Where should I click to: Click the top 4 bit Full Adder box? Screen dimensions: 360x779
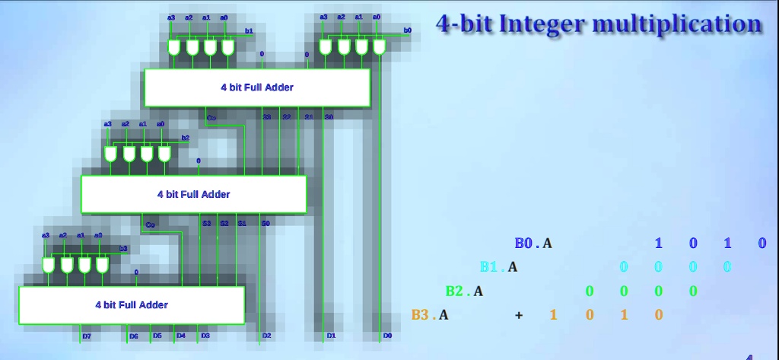click(x=257, y=88)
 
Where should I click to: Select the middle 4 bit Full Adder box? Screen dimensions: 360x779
click(x=193, y=194)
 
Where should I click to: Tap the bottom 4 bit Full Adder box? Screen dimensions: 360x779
click(x=132, y=305)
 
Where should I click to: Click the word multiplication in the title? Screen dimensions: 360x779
click(x=676, y=24)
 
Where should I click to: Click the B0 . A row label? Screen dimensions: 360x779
click(x=533, y=244)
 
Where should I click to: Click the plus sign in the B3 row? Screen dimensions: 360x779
click(x=519, y=314)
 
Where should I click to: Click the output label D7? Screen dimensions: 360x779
click(x=87, y=336)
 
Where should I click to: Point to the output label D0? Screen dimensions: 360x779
click(x=387, y=336)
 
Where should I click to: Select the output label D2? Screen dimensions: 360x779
click(x=266, y=336)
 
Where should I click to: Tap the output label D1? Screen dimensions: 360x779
click(x=331, y=336)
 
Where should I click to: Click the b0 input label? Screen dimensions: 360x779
click(x=407, y=30)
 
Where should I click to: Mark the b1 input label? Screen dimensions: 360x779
click(x=249, y=30)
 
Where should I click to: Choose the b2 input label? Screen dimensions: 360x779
click(x=185, y=138)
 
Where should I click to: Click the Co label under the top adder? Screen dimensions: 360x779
click(x=211, y=118)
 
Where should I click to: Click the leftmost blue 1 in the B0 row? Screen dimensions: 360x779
click(x=659, y=244)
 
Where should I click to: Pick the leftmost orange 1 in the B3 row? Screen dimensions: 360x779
click(x=553, y=314)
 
